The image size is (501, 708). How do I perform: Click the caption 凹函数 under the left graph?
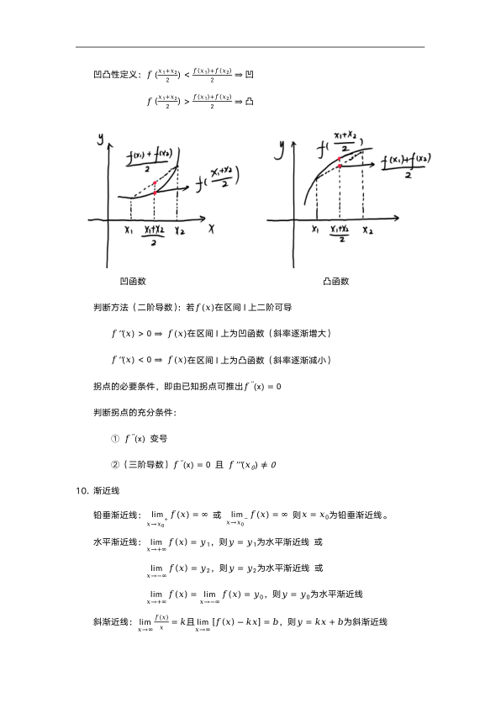coord(134,281)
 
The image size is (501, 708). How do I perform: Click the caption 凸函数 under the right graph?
coord(335,281)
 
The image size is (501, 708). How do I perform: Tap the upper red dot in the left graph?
coord(155,182)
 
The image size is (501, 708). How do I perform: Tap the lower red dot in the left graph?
coord(155,193)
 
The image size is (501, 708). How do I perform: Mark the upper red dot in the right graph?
coord(339,158)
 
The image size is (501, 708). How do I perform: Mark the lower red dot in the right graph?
coord(339,166)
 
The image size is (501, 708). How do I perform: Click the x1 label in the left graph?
coord(129,230)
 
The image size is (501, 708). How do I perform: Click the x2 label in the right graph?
coord(367,230)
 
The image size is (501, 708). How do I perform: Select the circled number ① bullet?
coord(115,438)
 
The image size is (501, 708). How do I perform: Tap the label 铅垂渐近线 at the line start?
coord(116,515)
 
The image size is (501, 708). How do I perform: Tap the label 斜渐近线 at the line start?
coord(112,622)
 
